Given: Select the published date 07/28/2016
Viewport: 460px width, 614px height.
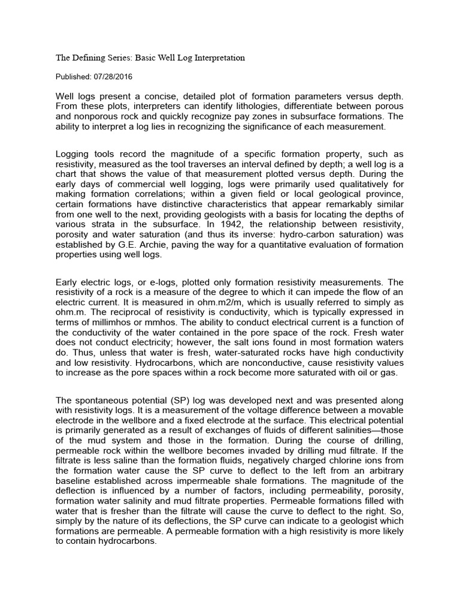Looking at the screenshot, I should click(112, 77).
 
